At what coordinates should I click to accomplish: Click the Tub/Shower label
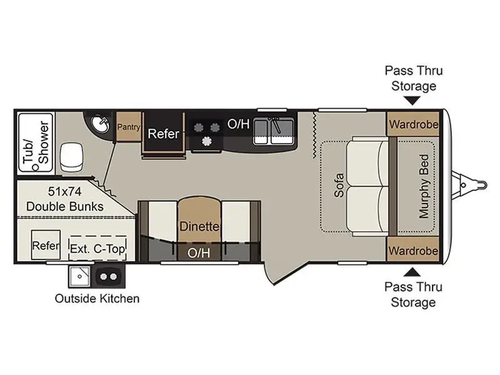pos(36,142)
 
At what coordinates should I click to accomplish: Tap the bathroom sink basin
pos(100,124)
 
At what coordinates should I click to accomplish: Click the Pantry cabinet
pos(129,127)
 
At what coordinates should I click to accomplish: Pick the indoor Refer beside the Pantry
pos(163,134)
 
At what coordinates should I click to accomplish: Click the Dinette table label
pos(199,226)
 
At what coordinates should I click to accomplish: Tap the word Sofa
pos(339,185)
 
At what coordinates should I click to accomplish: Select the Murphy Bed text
pos(424,186)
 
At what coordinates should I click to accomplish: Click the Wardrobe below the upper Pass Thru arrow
pos(414,124)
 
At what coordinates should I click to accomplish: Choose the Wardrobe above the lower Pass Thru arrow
pos(413,250)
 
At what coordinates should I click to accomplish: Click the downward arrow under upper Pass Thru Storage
pos(412,101)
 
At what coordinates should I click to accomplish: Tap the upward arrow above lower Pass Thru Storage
pos(412,272)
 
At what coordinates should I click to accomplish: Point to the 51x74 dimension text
pos(65,191)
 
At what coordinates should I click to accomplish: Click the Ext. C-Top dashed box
pos(97,248)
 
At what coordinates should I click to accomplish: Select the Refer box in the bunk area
pos(46,245)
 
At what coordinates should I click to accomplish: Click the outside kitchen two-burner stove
pos(108,276)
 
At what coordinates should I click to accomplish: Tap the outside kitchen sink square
pos(80,276)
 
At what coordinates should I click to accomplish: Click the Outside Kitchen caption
pos(97,299)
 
